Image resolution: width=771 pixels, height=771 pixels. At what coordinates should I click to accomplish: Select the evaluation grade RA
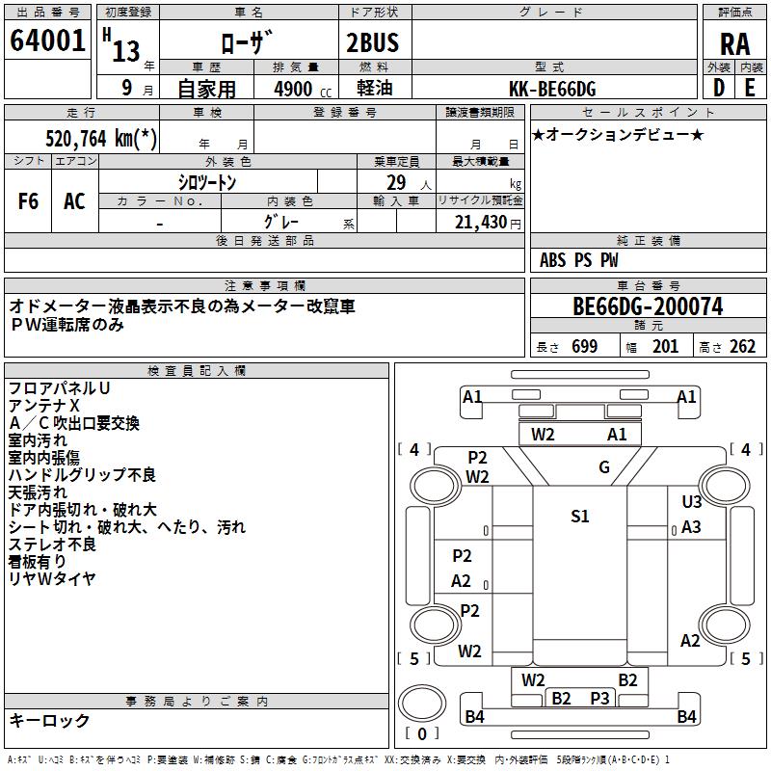(734, 43)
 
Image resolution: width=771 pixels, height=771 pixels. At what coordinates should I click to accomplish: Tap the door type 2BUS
(372, 41)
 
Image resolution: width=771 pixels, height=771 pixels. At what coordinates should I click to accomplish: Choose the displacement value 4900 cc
(300, 89)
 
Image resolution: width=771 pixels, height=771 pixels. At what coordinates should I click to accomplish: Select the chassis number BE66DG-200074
(648, 307)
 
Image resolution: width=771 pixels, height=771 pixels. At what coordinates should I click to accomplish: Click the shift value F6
(29, 201)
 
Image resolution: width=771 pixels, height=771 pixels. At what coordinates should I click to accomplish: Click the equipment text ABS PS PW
(579, 260)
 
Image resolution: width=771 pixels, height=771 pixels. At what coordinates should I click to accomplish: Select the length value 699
(584, 347)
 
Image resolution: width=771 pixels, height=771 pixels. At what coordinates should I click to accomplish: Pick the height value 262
(742, 347)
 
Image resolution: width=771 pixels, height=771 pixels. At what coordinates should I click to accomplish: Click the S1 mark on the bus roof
(579, 517)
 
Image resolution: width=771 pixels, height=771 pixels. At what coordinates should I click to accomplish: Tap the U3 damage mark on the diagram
(691, 502)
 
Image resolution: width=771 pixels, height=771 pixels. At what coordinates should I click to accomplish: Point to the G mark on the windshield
(604, 468)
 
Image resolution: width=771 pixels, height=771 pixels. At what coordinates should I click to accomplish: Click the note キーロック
(49, 720)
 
